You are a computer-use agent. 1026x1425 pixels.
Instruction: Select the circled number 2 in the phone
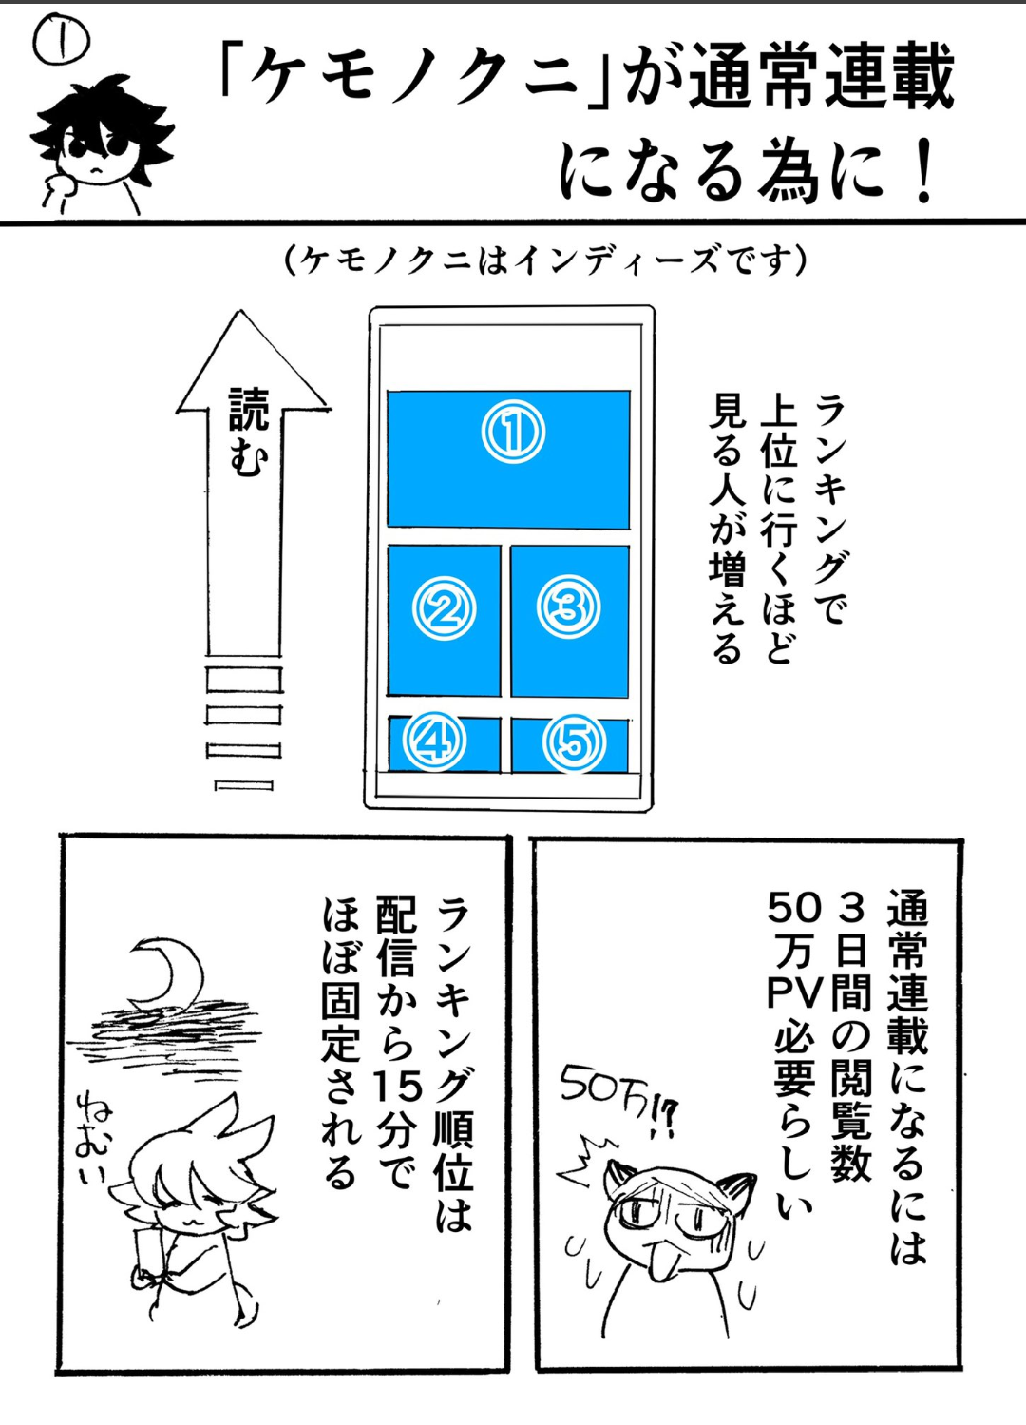click(x=444, y=610)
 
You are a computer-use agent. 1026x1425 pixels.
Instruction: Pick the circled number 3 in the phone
click(x=568, y=608)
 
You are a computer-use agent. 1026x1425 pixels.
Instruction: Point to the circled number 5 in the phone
click(x=574, y=742)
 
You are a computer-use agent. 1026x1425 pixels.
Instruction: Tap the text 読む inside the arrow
click(x=247, y=433)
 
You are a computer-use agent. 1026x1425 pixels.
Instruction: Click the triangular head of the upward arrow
click(x=253, y=361)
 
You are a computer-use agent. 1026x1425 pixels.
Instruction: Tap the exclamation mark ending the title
click(x=921, y=170)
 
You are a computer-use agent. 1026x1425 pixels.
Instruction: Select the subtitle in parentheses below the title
click(x=546, y=260)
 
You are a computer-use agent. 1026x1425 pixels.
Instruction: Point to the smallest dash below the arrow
click(x=243, y=785)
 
